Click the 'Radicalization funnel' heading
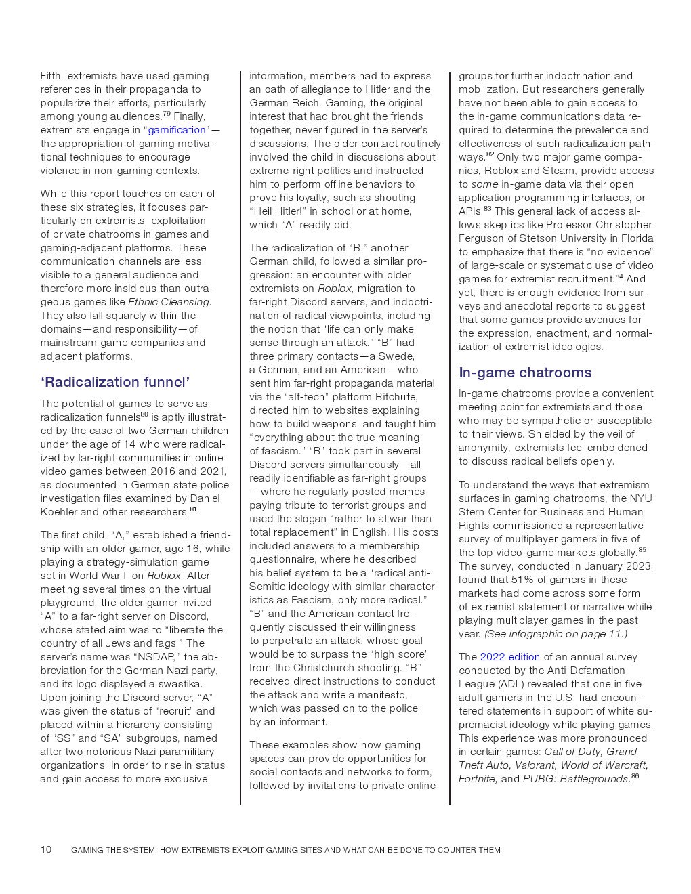pos(115,382)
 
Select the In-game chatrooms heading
pos(525,372)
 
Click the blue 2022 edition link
pos(509,657)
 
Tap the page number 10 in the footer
pos(46,849)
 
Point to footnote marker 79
pos(167,114)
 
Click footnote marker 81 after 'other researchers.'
pos(193,509)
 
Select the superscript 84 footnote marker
pos(619,276)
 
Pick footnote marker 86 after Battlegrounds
pos(635,776)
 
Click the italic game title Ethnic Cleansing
pos(169,302)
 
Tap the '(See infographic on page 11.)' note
pos(556,634)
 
